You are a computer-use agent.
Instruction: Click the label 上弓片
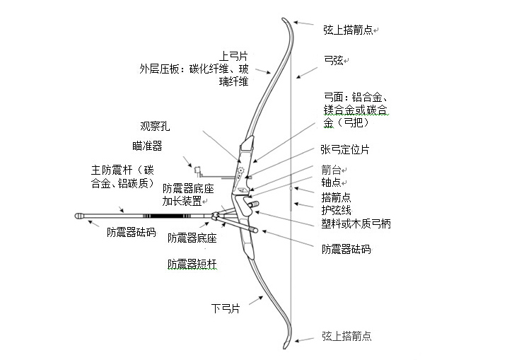pos(233,56)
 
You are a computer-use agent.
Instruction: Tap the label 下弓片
pos(226,308)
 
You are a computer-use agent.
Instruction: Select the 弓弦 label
pos(334,60)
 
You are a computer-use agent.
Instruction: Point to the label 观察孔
pos(155,126)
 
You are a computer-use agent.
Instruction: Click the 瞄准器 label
pos(147,146)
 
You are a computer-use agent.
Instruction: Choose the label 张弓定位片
pos(344,149)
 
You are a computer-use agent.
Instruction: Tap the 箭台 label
pos(331,170)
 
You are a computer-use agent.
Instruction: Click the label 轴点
pos(331,182)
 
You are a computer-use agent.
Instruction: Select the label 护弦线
pos(336,210)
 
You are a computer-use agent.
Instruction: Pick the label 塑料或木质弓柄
pos(356,223)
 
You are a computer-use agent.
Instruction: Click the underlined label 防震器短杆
pos(192,264)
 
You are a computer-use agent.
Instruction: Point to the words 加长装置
pos(182,201)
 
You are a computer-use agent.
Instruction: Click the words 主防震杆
pos(112,170)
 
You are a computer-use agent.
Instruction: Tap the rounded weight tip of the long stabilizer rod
pos(79,216)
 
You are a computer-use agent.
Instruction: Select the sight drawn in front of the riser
pos(197,171)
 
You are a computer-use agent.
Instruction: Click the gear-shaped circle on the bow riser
pos(240,170)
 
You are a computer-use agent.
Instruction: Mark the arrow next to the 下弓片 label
pos(256,301)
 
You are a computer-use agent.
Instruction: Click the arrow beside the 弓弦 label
pos(306,73)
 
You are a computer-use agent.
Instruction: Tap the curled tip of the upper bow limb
pos(284,20)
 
